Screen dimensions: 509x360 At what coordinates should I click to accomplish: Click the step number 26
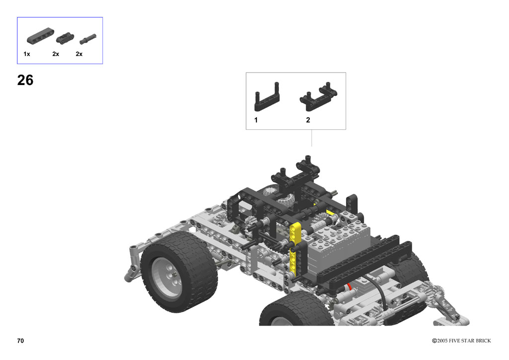pyautogui.click(x=25, y=80)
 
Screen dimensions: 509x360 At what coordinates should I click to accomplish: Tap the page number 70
pyautogui.click(x=20, y=341)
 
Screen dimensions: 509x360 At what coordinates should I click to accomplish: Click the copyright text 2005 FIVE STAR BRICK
pyautogui.click(x=464, y=341)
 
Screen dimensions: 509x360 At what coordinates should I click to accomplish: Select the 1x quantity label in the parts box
pyautogui.click(x=27, y=54)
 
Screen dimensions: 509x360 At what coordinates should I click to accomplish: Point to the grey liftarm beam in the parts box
pyautogui.click(x=40, y=36)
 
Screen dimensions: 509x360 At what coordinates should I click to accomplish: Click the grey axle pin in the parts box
pyautogui.click(x=88, y=39)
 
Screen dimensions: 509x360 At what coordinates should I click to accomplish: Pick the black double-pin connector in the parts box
pyautogui.click(x=65, y=38)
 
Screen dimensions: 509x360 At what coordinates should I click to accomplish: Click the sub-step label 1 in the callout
pyautogui.click(x=256, y=120)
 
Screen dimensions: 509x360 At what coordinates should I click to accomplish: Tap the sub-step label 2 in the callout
pyautogui.click(x=308, y=120)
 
